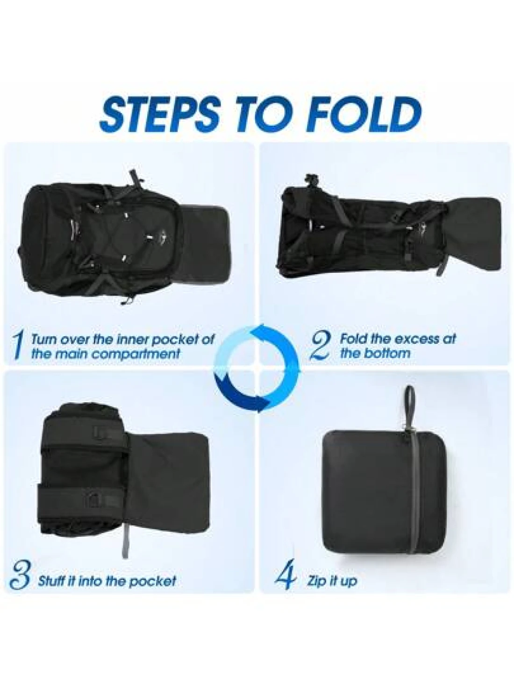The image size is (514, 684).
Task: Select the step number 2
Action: [x=321, y=345]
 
